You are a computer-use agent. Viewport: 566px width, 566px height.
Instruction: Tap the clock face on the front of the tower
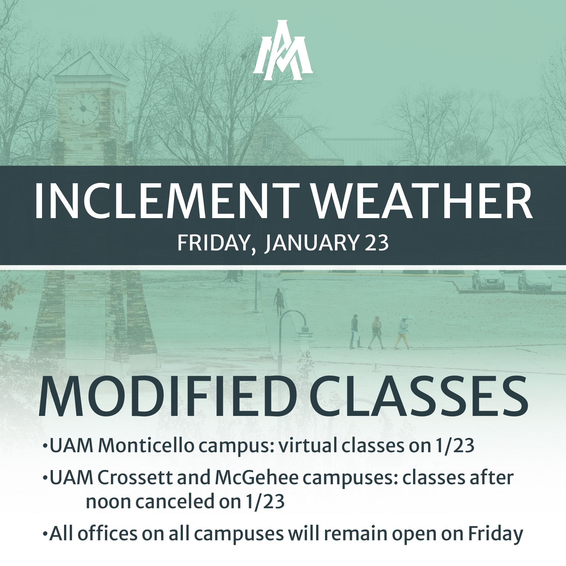(83, 109)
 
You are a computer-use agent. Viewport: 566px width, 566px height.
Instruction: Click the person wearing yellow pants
(403, 334)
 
